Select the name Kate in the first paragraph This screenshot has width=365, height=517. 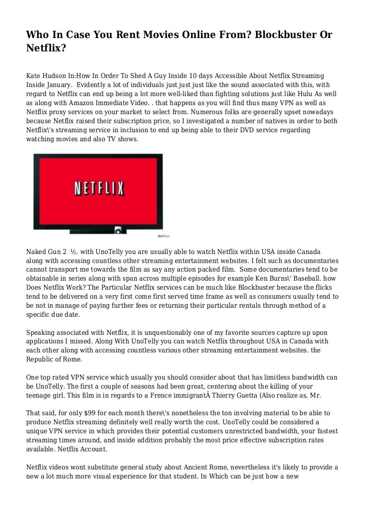pos(33,76)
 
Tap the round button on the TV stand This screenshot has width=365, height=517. pos(117,230)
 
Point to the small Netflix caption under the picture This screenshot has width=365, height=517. pos(163,235)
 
